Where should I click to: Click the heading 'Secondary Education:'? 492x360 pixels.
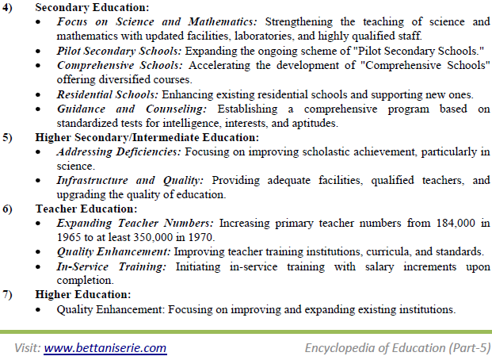tap(86, 6)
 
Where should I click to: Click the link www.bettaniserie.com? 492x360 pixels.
tap(105, 347)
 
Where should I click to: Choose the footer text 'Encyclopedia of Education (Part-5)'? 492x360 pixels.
tap(398, 347)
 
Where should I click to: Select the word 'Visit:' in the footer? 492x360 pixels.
tap(26, 347)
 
